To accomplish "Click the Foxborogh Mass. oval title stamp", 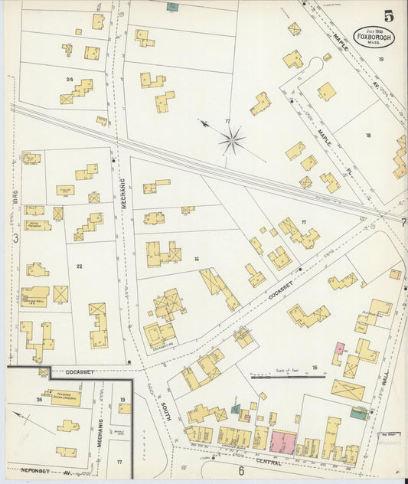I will point(374,38).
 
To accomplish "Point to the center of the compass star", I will point(233,139).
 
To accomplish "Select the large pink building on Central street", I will point(284,441).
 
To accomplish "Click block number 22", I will point(78,266).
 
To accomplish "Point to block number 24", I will point(70,79).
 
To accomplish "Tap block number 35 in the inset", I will point(38,399).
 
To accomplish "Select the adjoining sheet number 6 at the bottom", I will point(240,471).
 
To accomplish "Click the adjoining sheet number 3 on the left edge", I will point(15,238).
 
